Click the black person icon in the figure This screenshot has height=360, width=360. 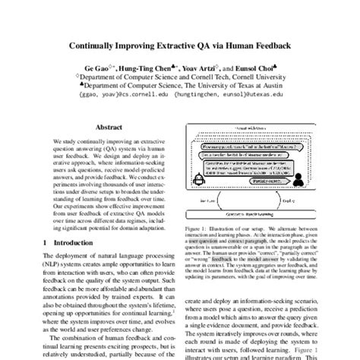(x=307, y=174)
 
